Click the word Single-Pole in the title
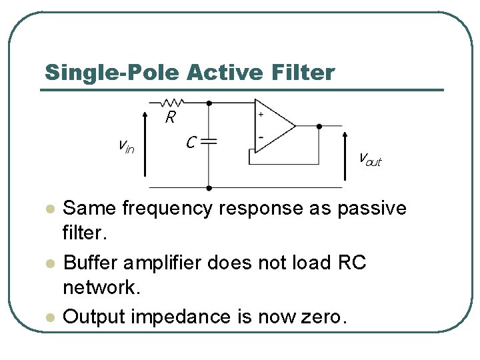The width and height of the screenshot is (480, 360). coord(113,72)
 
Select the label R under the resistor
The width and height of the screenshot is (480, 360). coord(171,118)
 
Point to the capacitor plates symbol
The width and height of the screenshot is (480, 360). coord(209,141)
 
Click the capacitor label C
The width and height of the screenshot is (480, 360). coord(191,142)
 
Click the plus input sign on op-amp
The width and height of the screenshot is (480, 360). coord(260,115)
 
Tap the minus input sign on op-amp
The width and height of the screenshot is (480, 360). coord(260,137)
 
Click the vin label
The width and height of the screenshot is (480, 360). coord(125,145)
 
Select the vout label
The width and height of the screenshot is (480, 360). coord(369,160)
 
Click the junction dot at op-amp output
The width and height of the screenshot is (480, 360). coord(319,125)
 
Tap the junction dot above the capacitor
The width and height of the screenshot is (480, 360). coord(209,103)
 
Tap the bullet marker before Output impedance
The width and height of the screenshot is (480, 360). coord(47,317)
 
